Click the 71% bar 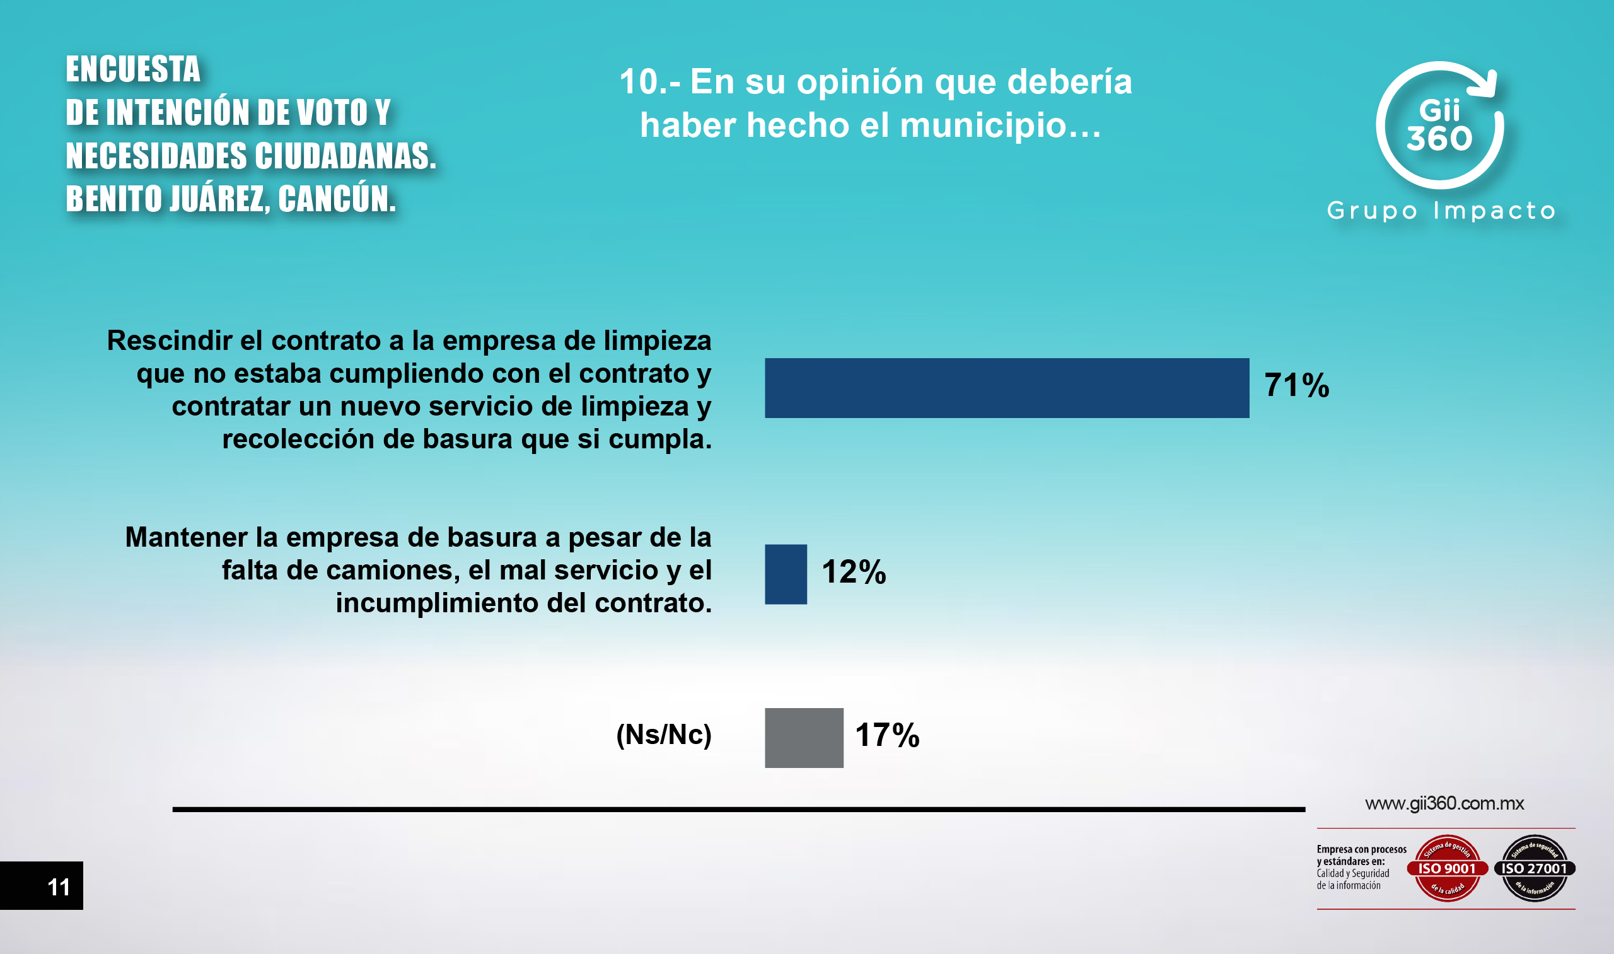point(1007,388)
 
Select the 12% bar point(786,574)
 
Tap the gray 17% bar point(803,737)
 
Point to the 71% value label point(1296,386)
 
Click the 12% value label point(854,571)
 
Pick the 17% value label point(887,735)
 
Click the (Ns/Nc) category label point(663,735)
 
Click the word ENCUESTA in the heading point(133,69)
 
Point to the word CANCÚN point(336,199)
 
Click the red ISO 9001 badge point(1448,868)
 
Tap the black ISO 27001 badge point(1535,868)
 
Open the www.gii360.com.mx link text point(1444,803)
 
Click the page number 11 point(59,887)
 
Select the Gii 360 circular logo point(1439,126)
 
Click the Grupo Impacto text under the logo point(1441,211)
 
